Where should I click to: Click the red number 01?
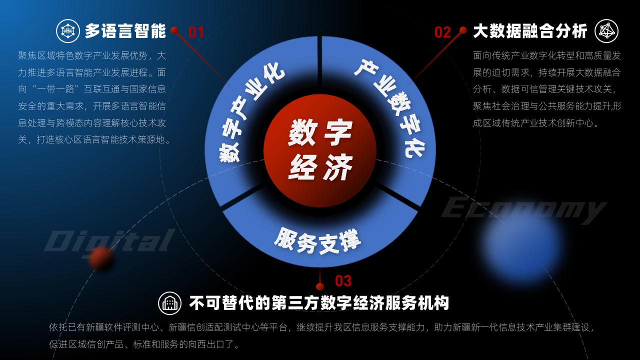click(x=196, y=32)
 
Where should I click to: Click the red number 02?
click(x=442, y=32)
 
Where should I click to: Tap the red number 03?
click(x=343, y=281)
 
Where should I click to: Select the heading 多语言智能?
click(x=125, y=31)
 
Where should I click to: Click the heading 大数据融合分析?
click(x=530, y=31)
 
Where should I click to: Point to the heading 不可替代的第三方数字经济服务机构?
click(x=319, y=303)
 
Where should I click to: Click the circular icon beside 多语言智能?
click(x=67, y=31)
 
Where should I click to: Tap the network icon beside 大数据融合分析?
click(x=606, y=31)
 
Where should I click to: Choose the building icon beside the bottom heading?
click(x=169, y=303)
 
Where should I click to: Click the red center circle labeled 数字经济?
click(x=320, y=150)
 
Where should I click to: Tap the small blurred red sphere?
click(x=100, y=258)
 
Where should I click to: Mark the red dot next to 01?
click(x=174, y=30)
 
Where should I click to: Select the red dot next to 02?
click(x=463, y=30)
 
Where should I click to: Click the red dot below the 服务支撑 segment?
click(x=320, y=286)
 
